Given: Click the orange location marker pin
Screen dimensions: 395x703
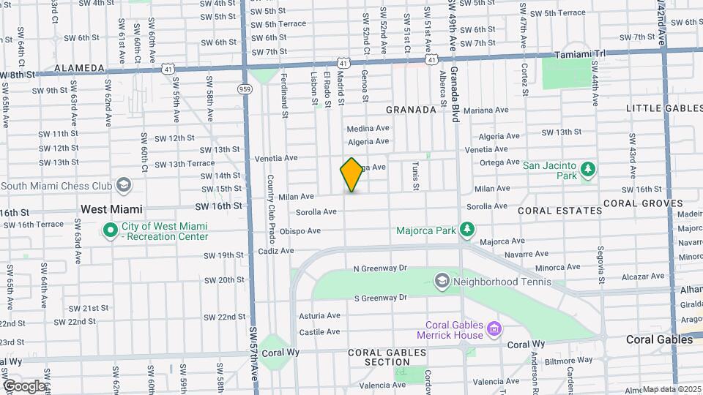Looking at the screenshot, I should (x=352, y=175).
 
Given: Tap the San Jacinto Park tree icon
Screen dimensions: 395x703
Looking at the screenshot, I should (x=587, y=170).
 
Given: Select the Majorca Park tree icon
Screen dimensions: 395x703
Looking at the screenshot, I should (x=466, y=230).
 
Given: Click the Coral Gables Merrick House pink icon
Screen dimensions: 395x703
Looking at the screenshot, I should (x=494, y=330).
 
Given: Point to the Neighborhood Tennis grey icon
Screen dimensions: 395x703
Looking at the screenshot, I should (x=442, y=281).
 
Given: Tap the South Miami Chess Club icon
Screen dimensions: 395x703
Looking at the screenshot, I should (x=124, y=185).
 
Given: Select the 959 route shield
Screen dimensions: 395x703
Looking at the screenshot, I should (x=244, y=89).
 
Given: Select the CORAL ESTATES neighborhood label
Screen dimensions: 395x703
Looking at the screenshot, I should (x=559, y=211).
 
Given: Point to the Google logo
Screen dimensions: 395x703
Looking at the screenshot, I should (x=24, y=385).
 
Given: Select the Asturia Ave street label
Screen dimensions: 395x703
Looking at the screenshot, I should (x=319, y=316).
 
